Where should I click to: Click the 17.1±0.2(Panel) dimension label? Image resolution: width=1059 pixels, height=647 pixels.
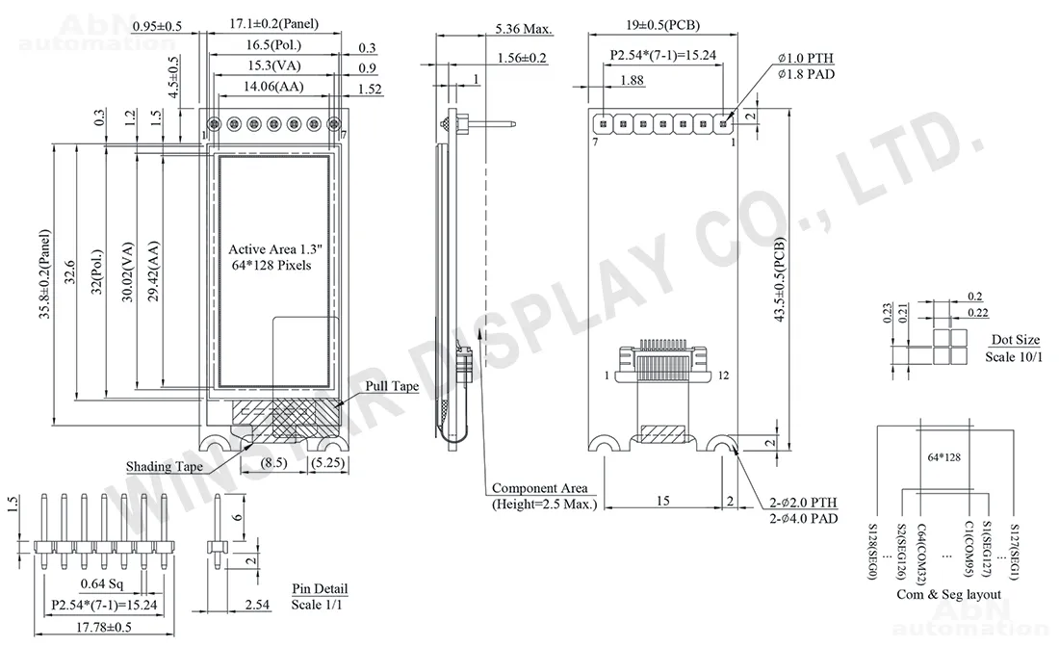pyautogui.click(x=273, y=24)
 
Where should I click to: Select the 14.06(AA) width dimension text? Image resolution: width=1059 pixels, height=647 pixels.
pyautogui.click(x=273, y=87)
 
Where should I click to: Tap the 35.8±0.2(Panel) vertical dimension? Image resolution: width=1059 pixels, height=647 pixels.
pyautogui.click(x=44, y=273)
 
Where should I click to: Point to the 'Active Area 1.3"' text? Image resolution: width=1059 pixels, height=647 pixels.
pyautogui.click(x=275, y=249)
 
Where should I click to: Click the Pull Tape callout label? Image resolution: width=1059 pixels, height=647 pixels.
pyautogui.click(x=392, y=386)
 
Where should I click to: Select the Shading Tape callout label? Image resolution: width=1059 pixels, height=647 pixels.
pyautogui.click(x=164, y=467)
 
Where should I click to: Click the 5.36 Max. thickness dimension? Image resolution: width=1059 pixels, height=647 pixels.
pyautogui.click(x=524, y=29)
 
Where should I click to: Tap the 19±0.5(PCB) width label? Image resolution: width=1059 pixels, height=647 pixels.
pyautogui.click(x=662, y=25)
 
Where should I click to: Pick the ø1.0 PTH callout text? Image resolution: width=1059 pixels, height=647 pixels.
pyautogui.click(x=805, y=58)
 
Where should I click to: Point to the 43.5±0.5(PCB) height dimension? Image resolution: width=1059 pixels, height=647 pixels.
pyautogui.click(x=780, y=279)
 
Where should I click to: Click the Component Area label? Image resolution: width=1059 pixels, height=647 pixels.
pyautogui.click(x=540, y=487)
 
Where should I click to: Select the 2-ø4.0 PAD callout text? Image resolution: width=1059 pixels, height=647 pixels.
pyautogui.click(x=803, y=519)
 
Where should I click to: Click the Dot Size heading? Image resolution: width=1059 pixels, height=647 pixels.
pyautogui.click(x=1015, y=340)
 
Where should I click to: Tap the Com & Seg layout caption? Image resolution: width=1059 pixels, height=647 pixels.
pyautogui.click(x=949, y=594)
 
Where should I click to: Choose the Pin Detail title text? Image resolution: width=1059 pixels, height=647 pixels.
pyautogui.click(x=320, y=589)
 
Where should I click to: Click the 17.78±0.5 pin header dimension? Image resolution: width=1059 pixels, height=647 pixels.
pyautogui.click(x=103, y=628)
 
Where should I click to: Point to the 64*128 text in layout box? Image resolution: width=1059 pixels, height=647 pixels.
pyautogui.click(x=943, y=457)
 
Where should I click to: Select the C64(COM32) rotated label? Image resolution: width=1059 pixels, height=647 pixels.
pyautogui.click(x=922, y=553)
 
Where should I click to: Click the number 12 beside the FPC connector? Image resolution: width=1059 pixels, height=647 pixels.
pyautogui.click(x=723, y=375)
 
